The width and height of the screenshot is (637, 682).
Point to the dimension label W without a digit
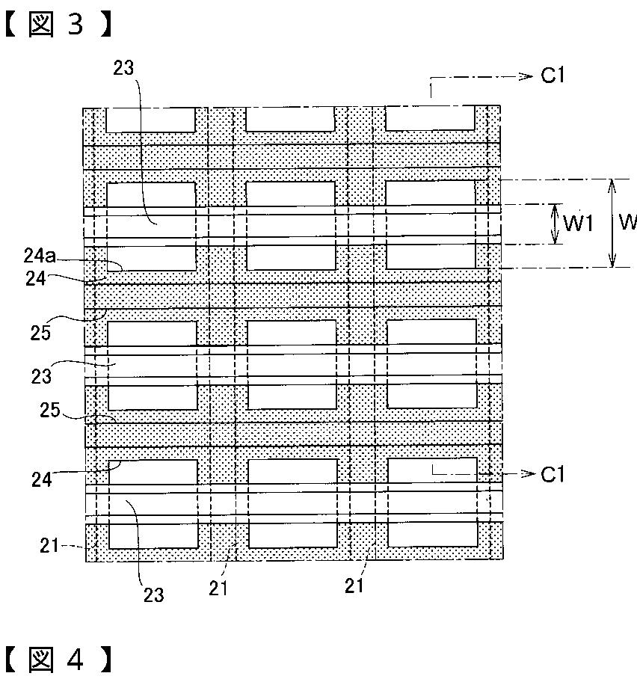click(627, 223)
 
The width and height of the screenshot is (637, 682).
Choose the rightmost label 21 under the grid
click(354, 586)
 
